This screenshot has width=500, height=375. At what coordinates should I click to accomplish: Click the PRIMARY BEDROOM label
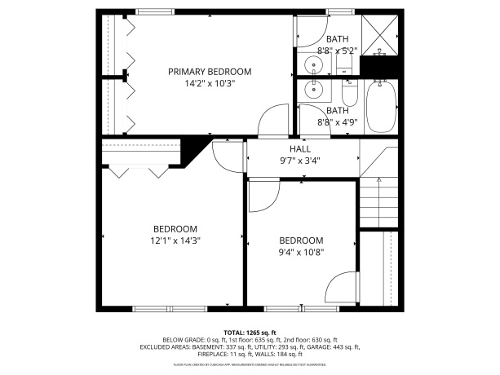tap(210, 72)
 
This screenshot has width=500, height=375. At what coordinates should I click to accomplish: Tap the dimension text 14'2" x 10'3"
tap(210, 83)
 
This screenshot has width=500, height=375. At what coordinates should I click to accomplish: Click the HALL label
tap(299, 149)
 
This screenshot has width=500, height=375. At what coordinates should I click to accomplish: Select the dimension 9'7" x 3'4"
tap(299, 161)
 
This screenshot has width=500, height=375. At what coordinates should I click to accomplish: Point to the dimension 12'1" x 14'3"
tap(175, 240)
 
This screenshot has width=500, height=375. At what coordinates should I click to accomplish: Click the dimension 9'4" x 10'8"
tap(301, 252)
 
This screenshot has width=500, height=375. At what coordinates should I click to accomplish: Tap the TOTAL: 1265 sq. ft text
tap(250, 333)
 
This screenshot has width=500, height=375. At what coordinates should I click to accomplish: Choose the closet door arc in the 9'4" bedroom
tap(340, 288)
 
